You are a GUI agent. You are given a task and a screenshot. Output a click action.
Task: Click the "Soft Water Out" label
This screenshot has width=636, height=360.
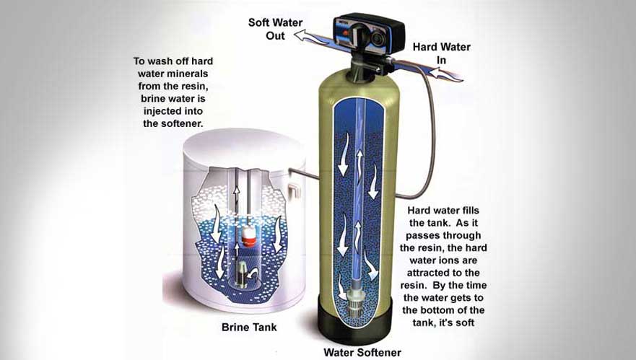coord(276,29)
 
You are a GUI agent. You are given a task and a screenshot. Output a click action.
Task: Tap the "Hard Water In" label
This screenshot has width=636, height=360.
coord(442,53)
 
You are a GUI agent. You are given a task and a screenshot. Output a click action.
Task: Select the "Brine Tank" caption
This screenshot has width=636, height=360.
coord(249,327)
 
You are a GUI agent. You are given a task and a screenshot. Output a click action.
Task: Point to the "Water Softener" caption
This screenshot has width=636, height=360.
coord(362,352)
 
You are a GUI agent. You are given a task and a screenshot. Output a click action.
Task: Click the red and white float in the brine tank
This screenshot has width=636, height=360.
coord(248,237)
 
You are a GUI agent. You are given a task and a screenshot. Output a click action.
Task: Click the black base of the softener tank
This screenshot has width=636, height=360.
coord(355,320)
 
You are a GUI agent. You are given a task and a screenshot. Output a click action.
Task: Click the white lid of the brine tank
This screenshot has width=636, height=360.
coord(244,149)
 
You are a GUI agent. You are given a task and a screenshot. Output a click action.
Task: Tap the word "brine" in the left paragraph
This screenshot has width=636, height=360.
coord(154,99)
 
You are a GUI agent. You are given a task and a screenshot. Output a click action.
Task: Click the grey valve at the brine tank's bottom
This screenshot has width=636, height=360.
coord(242,274)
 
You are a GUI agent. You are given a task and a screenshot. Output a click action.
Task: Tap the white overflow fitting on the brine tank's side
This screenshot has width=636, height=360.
coord(295,190)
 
